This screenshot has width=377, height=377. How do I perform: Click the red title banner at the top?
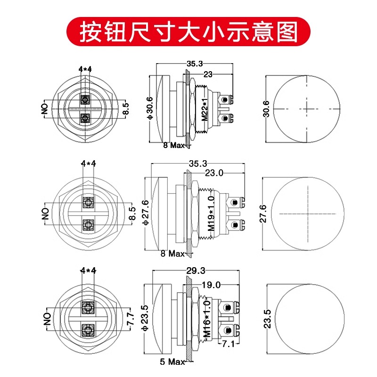[188, 32]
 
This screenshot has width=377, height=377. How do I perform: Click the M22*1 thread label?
[205, 109]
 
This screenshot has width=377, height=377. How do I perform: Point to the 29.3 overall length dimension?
[196, 270]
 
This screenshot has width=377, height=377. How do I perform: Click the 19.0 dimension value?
[212, 284]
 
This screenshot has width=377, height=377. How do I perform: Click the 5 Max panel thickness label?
[172, 362]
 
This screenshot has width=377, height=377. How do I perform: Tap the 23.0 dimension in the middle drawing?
[214, 173]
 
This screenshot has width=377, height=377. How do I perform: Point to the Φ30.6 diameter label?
[150, 109]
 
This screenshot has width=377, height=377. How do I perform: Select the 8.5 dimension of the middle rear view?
[132, 213]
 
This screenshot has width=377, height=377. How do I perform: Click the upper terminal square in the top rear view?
[85, 100]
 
